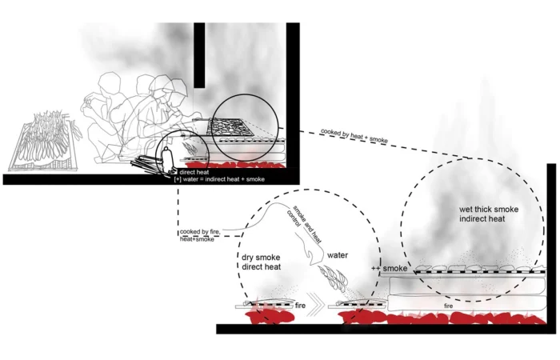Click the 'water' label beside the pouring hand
tap(338, 255)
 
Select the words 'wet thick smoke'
tap(489, 210)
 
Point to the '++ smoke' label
tap(390, 268)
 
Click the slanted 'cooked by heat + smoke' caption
tap(354, 136)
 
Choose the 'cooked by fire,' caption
tap(200, 232)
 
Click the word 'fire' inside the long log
tap(449, 306)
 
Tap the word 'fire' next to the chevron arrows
tap(300, 306)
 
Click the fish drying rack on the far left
tap(45, 143)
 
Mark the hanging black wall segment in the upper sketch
tap(199, 55)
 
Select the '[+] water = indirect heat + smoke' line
tap(219, 179)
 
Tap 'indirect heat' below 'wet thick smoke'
tap(482, 218)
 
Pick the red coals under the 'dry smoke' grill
tap(270, 316)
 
